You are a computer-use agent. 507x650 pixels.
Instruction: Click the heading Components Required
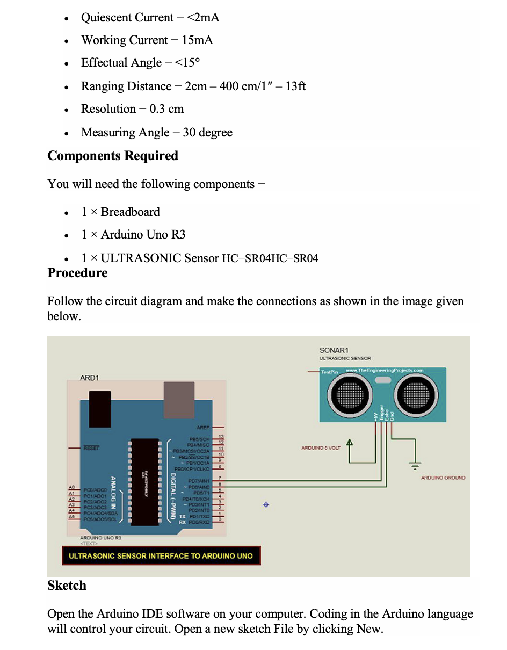(x=113, y=156)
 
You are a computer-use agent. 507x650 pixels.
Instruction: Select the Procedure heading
(x=77, y=273)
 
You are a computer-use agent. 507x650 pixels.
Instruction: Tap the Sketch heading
(x=67, y=586)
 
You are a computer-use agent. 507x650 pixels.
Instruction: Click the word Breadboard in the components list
(x=131, y=212)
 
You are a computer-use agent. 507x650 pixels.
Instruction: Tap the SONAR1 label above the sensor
(x=334, y=350)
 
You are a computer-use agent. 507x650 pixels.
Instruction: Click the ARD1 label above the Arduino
(x=89, y=378)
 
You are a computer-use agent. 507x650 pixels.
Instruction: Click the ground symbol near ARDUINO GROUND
(x=416, y=464)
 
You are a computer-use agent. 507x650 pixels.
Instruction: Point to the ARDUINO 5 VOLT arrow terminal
(x=350, y=444)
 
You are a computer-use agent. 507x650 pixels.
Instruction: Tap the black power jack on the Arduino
(x=100, y=409)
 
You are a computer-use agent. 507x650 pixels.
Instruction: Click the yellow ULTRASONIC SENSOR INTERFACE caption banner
(x=161, y=556)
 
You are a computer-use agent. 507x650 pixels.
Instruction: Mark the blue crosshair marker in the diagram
(x=266, y=505)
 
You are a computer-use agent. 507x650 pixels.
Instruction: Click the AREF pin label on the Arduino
(x=202, y=428)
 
